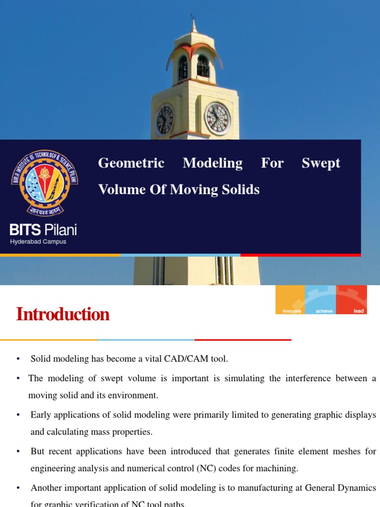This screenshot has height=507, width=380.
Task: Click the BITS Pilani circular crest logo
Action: click(x=45, y=182)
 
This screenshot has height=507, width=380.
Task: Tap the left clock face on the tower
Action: click(x=165, y=120)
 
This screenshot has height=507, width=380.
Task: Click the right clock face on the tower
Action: click(x=218, y=119)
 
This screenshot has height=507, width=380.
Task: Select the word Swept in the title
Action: click(x=321, y=163)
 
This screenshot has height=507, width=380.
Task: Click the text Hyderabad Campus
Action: click(x=38, y=242)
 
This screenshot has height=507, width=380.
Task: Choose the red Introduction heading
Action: click(x=63, y=314)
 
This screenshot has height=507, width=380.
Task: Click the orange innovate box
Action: click(x=290, y=299)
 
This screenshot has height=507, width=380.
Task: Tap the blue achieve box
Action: click(x=321, y=299)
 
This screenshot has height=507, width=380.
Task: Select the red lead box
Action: click(x=352, y=299)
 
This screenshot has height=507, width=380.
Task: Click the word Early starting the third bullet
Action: click(x=41, y=415)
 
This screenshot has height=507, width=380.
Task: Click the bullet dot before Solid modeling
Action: click(x=18, y=359)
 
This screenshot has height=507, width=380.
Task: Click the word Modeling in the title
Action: click(x=212, y=163)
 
